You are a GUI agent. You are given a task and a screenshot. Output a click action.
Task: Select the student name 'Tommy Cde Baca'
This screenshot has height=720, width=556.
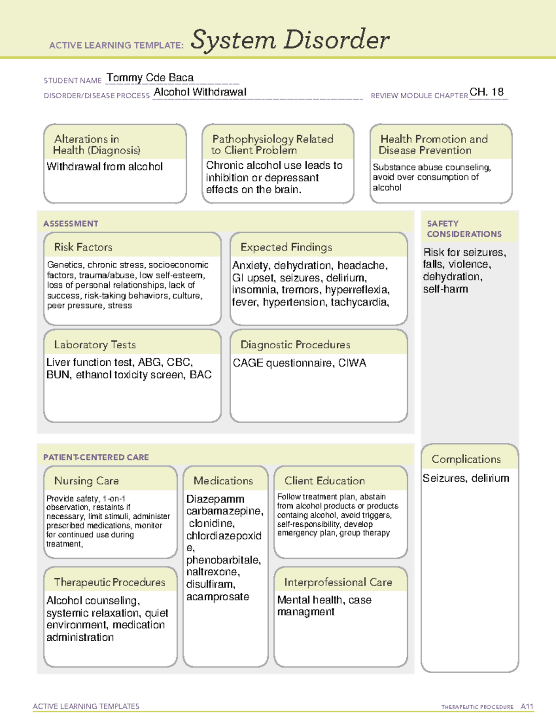coord(150,78)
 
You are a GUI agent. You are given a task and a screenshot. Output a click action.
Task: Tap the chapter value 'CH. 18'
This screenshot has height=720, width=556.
coord(486,92)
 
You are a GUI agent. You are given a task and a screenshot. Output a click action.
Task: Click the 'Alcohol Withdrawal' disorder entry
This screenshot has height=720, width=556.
coord(200,92)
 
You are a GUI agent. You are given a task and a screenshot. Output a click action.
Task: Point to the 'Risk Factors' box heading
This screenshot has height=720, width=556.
coord(83,247)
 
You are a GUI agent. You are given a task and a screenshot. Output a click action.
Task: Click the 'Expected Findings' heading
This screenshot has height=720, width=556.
coord(286,247)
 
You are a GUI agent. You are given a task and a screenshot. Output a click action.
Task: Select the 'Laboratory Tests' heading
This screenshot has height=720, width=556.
coord(95,344)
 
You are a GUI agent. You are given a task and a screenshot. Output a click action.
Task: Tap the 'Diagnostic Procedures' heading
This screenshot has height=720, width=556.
coord(295,344)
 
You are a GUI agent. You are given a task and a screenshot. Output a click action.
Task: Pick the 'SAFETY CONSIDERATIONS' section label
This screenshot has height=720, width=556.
coord(464,229)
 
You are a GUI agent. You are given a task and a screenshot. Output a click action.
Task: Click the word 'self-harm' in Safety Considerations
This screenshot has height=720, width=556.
coord(445,289)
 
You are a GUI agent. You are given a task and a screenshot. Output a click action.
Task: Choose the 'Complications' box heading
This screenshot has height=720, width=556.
coord(466,459)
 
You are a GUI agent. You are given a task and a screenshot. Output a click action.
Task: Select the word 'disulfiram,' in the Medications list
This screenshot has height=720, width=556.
coord(211,584)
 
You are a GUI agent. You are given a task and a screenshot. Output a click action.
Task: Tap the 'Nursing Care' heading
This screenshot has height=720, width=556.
coord(86,481)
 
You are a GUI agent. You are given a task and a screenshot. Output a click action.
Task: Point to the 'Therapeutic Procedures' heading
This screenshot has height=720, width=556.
coord(109,582)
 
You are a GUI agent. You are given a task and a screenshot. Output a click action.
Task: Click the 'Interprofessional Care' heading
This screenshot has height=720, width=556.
coord(338,582)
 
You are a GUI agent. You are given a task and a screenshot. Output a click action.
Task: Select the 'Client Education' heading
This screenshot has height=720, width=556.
coord(324,481)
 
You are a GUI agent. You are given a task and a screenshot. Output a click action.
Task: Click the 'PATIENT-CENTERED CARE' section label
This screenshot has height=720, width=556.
coord(96,457)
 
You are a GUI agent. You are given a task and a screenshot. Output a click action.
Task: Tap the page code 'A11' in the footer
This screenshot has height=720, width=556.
coord(527,706)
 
